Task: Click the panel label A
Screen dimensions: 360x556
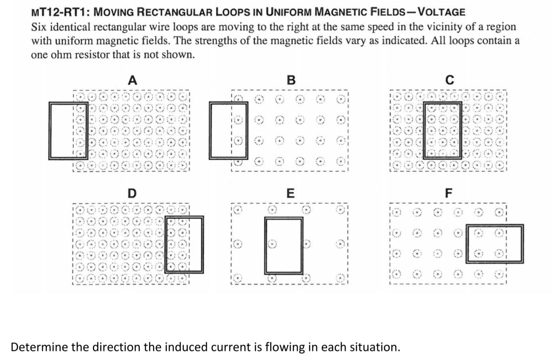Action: tap(132, 80)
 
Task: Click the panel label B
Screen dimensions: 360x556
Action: tap(291, 80)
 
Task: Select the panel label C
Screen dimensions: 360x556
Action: tap(449, 80)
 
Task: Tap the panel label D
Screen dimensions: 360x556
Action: tap(132, 194)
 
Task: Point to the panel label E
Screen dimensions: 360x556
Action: tap(290, 194)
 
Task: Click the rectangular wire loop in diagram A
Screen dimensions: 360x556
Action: tap(50, 130)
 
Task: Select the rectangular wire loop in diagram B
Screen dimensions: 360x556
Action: tap(210, 130)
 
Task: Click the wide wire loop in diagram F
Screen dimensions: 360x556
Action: tap(494, 226)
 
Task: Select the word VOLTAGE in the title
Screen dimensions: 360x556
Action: tap(441, 12)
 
